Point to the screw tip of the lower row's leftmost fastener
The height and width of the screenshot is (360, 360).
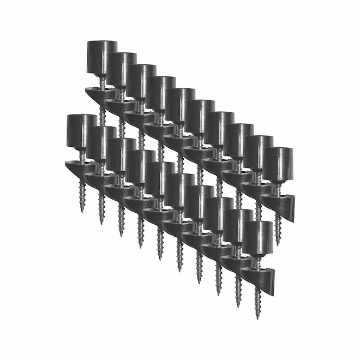[82, 210]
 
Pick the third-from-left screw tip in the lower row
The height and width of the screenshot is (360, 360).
[121, 233]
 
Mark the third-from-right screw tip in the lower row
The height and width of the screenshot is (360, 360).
[218, 292]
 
